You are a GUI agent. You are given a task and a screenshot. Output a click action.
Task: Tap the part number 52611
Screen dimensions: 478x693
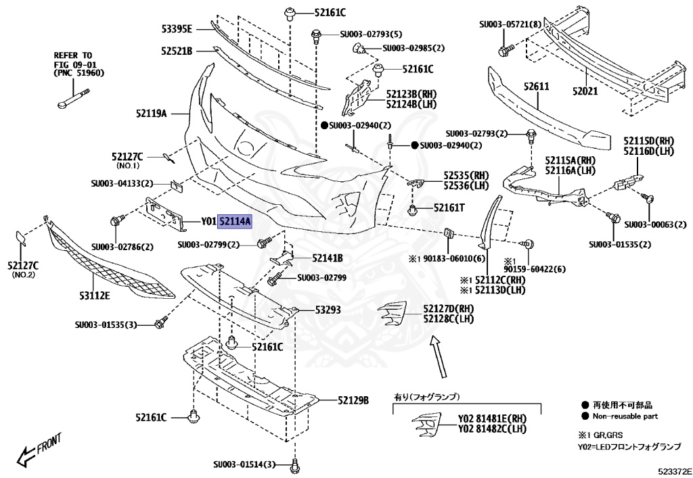536,87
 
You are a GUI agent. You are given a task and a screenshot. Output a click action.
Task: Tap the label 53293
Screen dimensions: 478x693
328,310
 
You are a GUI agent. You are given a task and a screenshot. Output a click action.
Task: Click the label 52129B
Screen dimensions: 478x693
353,400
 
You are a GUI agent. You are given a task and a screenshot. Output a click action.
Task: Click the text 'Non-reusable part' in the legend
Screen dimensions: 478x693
625,416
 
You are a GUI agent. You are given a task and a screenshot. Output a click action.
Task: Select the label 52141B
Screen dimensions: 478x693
327,258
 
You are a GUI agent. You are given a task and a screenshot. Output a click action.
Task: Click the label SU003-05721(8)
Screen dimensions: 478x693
510,24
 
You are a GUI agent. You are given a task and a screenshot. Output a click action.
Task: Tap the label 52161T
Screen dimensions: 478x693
449,208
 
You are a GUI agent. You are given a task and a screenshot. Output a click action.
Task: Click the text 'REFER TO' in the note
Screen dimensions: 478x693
73,55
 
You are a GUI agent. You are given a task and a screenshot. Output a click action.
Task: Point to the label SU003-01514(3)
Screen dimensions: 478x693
244,464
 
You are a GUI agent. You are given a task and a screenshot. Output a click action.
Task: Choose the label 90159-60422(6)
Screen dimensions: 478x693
534,268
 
